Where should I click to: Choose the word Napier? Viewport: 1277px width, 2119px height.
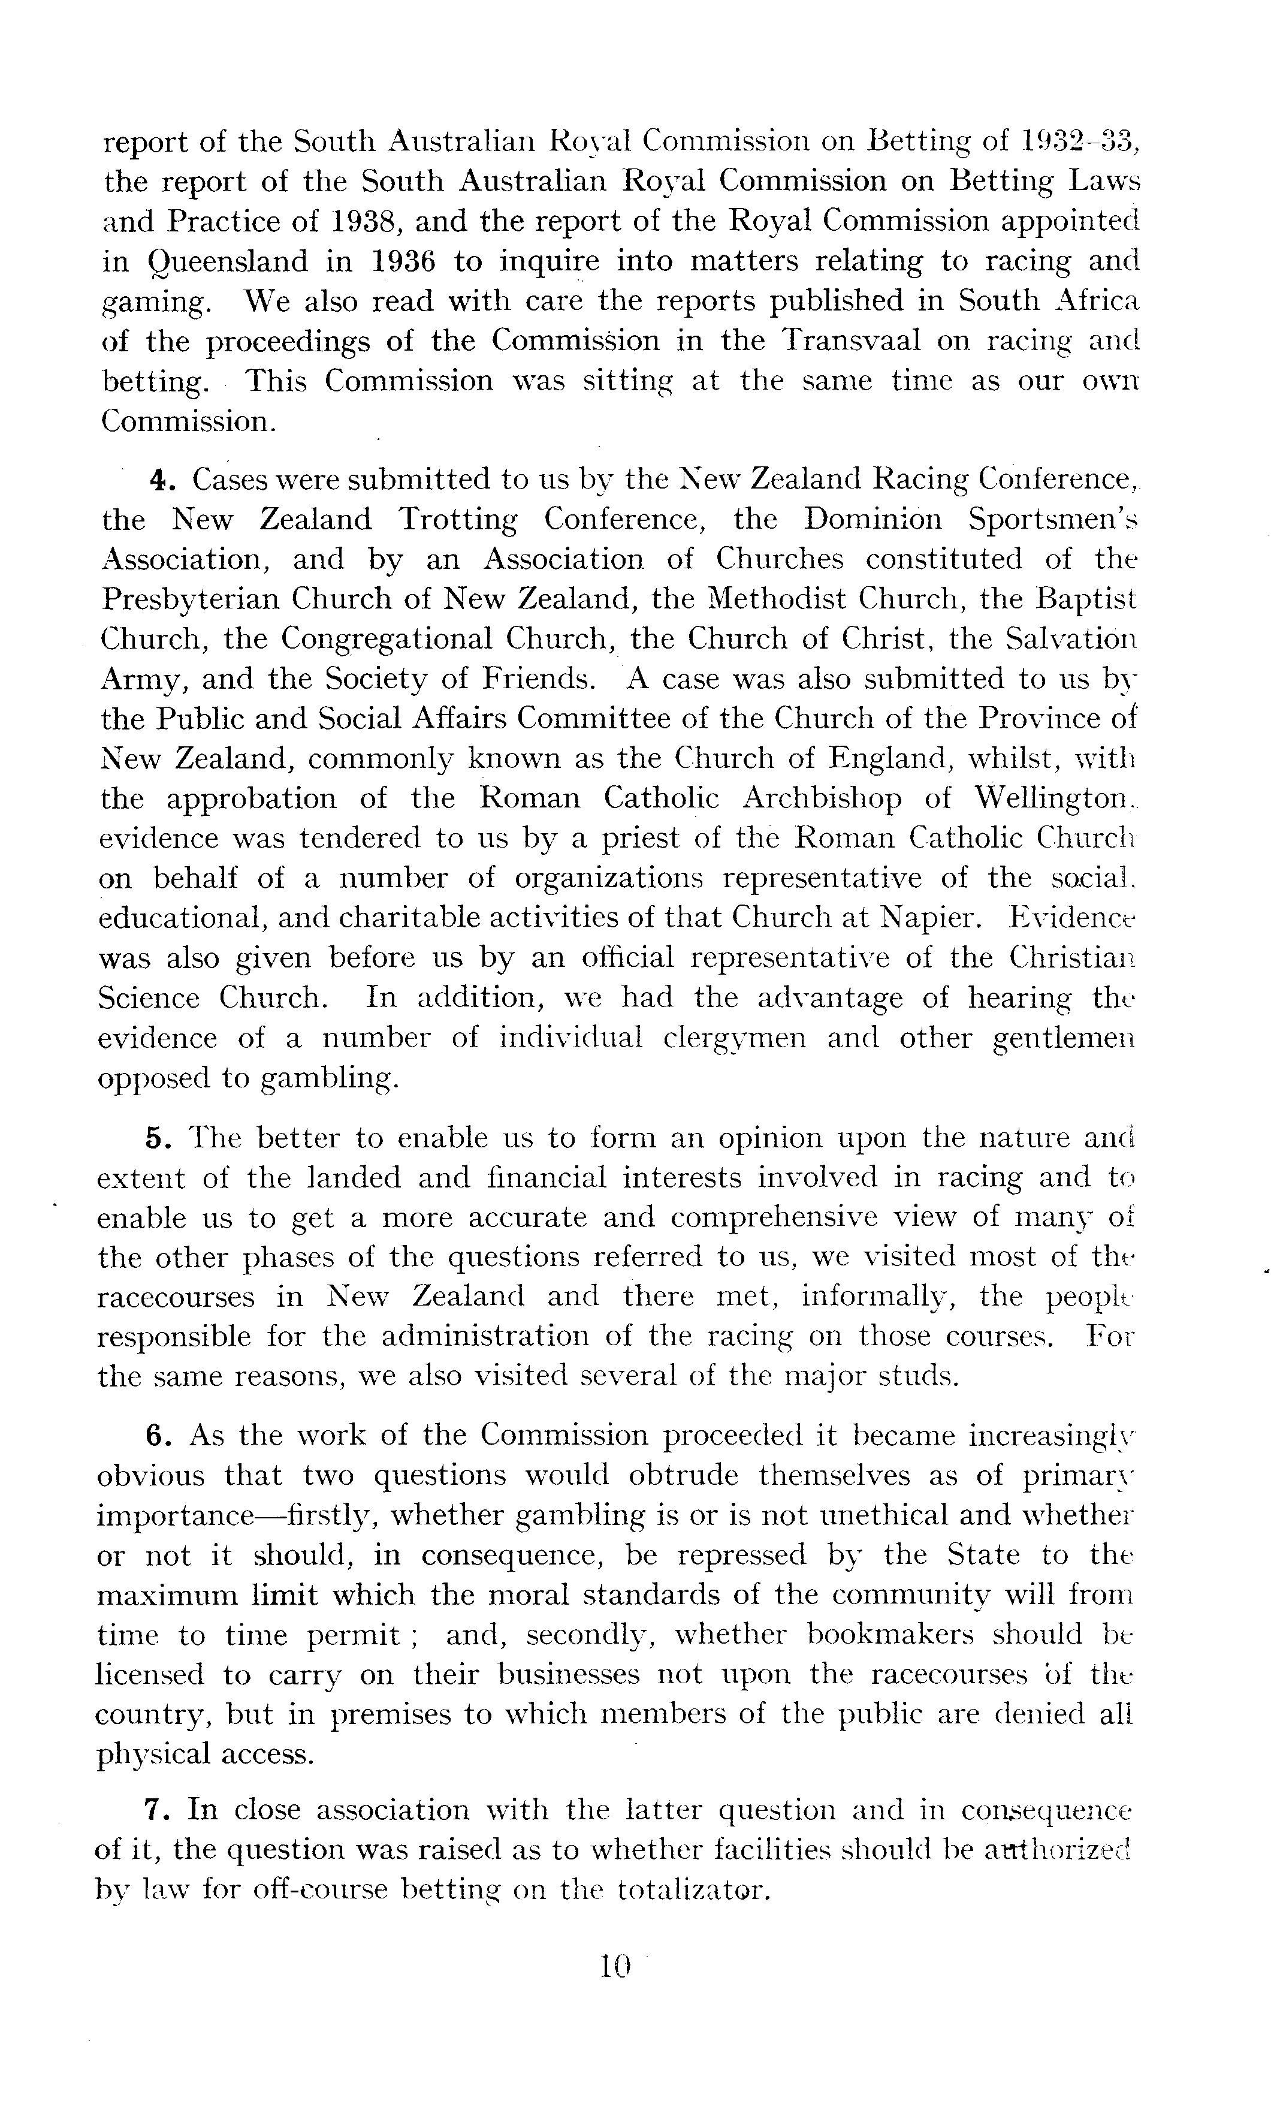click(931, 918)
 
